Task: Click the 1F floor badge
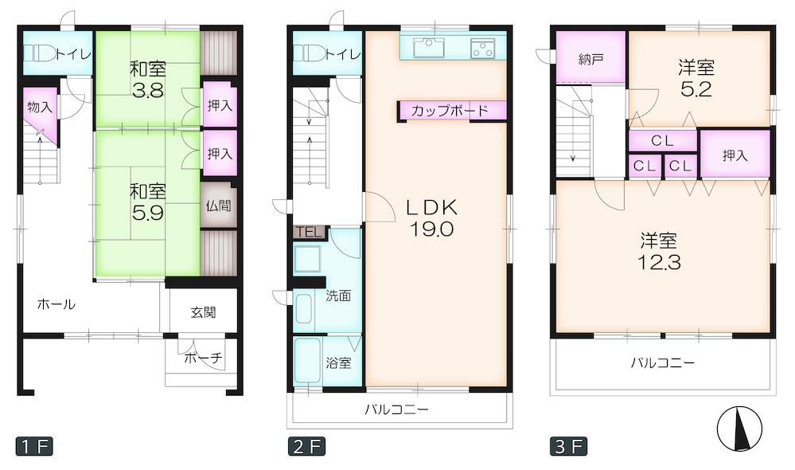[34, 446]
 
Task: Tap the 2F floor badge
[306, 446]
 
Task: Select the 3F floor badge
[569, 446]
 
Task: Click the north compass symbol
[740, 429]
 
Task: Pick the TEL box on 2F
[310, 233]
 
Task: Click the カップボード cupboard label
[450, 111]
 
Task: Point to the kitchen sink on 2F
[429, 49]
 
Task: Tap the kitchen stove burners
[482, 49]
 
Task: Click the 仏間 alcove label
[219, 206]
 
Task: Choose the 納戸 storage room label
[590, 60]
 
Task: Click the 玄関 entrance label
[203, 312]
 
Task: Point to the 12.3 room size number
[659, 262]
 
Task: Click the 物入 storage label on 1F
[40, 107]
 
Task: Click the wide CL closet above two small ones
[663, 140]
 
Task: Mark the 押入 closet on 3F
[735, 155]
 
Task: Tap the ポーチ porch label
[203, 358]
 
